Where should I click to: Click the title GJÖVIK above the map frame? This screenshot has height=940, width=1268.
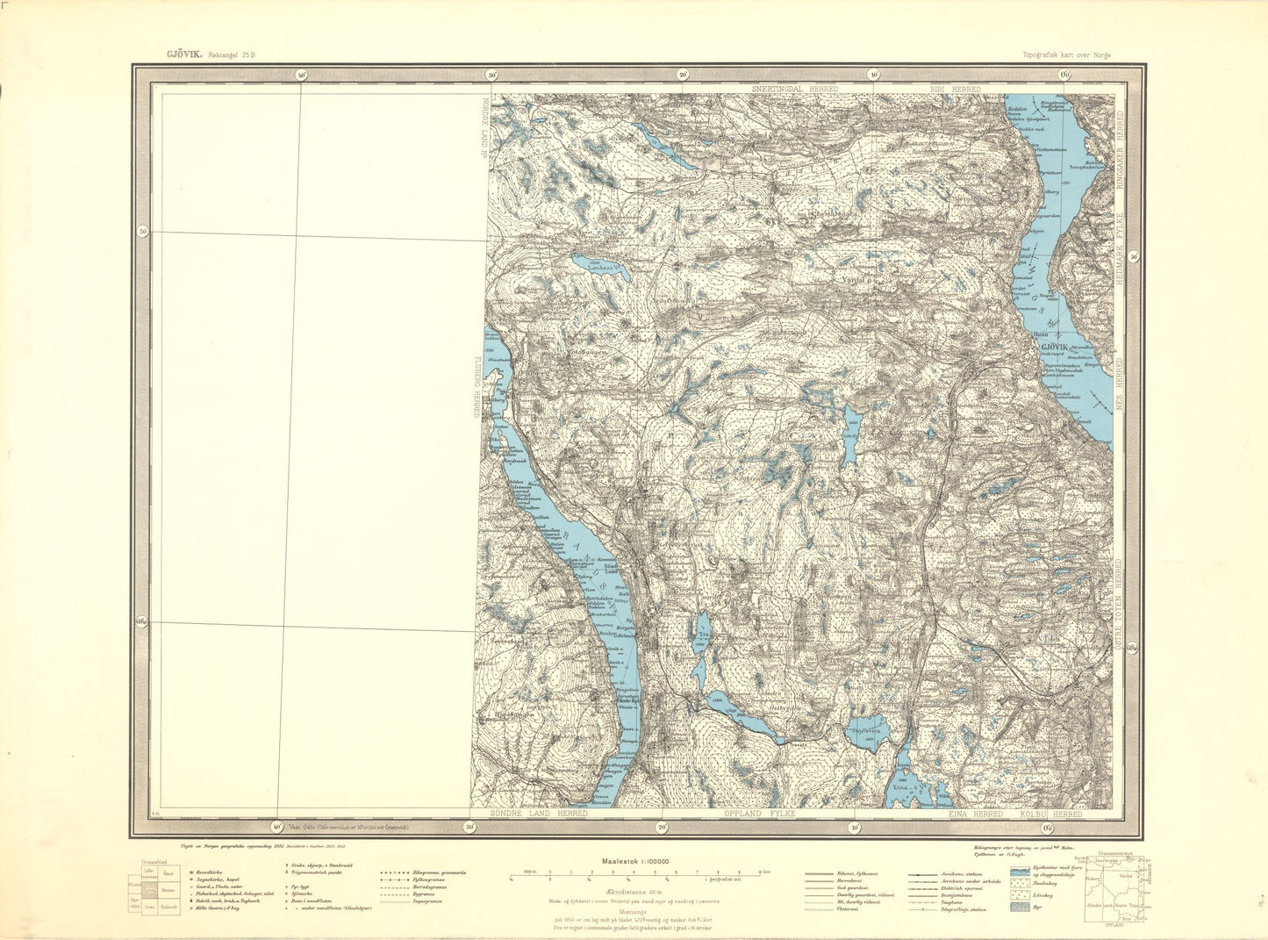[x=184, y=54]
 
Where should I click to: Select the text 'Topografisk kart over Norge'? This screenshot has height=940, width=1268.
[x=1066, y=54]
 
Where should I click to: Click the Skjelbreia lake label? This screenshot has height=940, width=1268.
[x=864, y=727]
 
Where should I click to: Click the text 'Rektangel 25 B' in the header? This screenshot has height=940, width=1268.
[x=232, y=54]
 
